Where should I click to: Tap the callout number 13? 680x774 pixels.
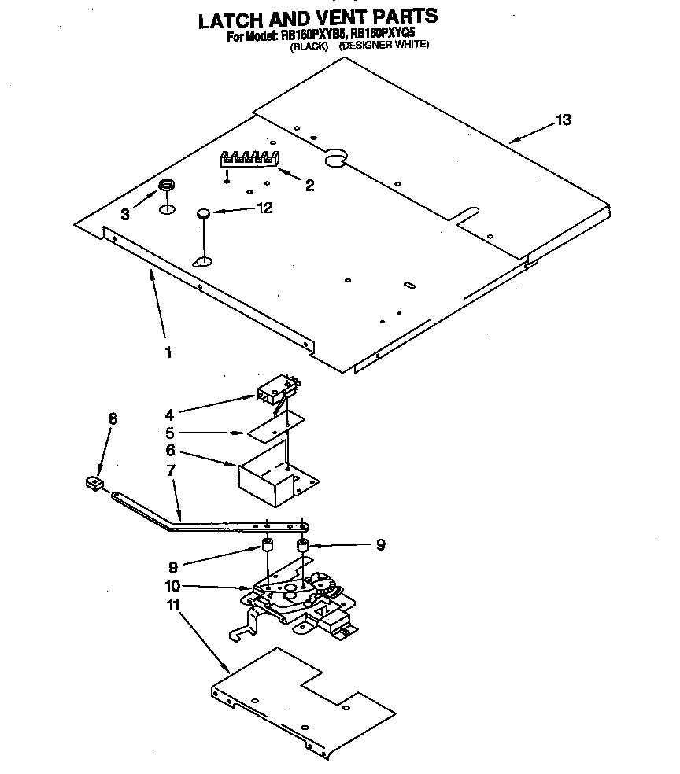pyautogui.click(x=563, y=120)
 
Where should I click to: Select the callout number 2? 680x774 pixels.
pyautogui.click(x=309, y=186)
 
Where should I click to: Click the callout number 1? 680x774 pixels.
pyautogui.click(x=168, y=352)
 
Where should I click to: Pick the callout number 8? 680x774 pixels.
pyautogui.click(x=113, y=419)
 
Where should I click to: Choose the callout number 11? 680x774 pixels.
pyautogui.click(x=172, y=606)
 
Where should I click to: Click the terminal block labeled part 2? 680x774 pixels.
pyautogui.click(x=248, y=158)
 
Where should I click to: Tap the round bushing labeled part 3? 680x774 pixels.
pyautogui.click(x=166, y=186)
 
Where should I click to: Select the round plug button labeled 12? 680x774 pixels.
pyautogui.click(x=202, y=212)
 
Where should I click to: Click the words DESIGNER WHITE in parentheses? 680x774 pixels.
pyautogui.click(x=383, y=46)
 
